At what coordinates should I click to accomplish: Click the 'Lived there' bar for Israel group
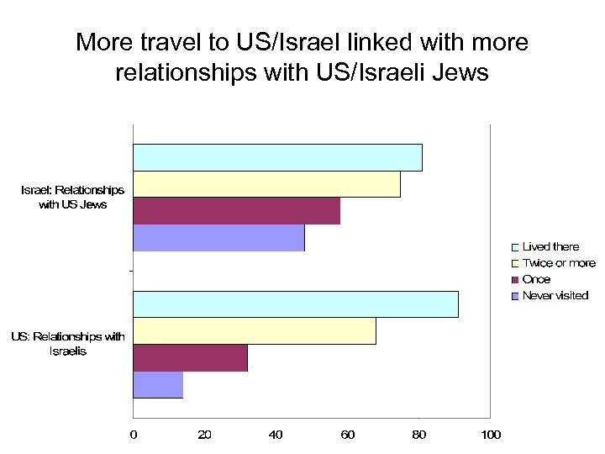[277, 157]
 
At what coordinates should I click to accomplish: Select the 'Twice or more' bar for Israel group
[266, 184]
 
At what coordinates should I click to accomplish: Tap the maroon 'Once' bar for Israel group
[236, 211]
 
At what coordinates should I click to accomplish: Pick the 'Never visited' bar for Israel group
[218, 238]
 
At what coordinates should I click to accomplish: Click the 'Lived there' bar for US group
[295, 304]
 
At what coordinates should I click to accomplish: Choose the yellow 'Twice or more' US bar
[254, 331]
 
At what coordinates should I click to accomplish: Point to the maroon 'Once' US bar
[190, 358]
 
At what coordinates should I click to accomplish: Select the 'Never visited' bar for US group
[158, 385]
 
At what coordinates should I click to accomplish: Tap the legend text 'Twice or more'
[558, 263]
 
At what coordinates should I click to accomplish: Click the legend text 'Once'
[536, 279]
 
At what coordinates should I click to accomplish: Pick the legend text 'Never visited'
[555, 295]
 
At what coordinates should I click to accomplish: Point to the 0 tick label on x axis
[133, 435]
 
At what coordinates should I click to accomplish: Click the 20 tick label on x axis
[204, 435]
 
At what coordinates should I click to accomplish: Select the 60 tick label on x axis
[347, 435]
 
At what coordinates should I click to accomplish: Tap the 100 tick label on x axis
[490, 435]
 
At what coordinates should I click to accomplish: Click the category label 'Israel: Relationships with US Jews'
[72, 197]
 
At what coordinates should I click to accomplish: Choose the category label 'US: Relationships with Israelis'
[68, 344]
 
